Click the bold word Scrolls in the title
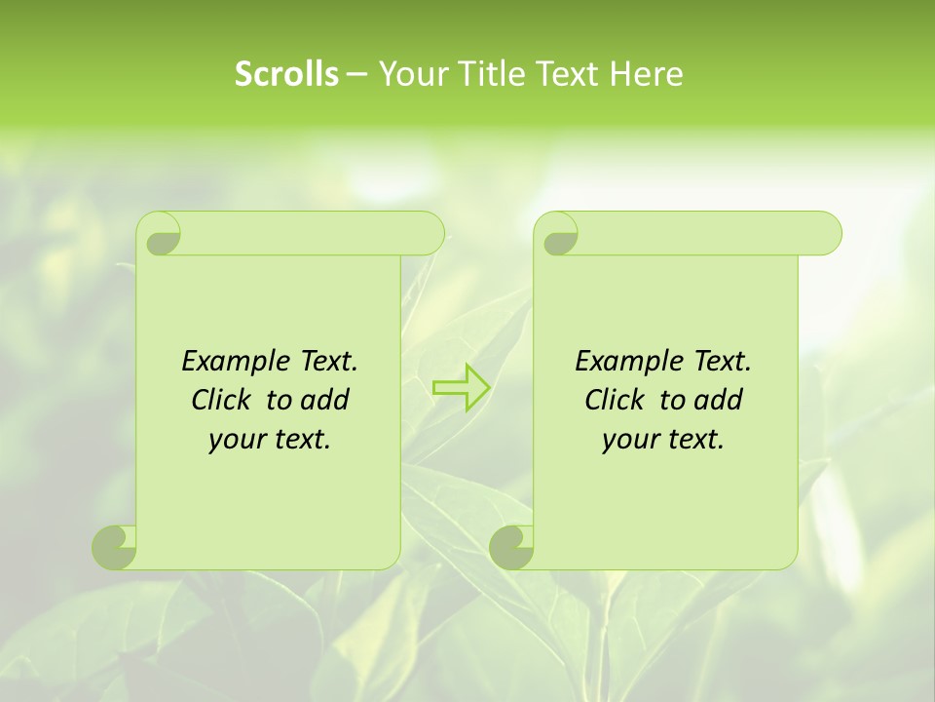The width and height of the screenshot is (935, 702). tap(286, 74)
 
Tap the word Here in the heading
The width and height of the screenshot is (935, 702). tap(646, 74)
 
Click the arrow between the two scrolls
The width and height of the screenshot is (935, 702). tap(461, 388)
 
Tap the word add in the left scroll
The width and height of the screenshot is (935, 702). tap(324, 401)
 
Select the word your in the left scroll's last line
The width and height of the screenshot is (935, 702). tap(237, 440)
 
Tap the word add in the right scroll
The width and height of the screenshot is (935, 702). tap(718, 401)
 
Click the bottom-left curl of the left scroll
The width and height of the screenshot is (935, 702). tap(114, 547)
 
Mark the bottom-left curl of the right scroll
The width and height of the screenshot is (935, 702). tap(511, 547)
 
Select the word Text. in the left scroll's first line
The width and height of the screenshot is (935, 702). tap(328, 362)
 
